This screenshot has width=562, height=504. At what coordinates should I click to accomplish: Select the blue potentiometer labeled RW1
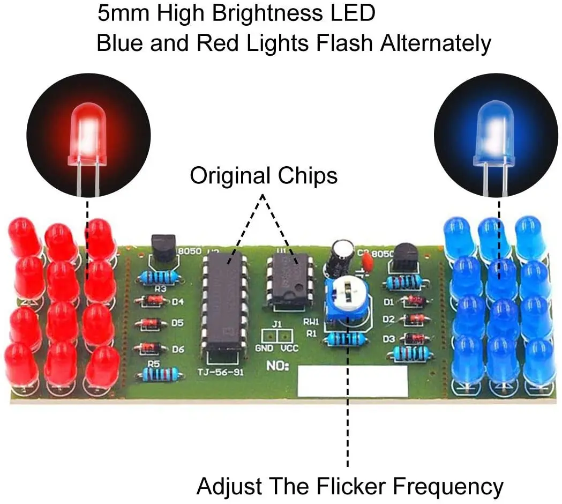[347, 301]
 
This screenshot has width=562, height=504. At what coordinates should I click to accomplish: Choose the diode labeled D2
[414, 320]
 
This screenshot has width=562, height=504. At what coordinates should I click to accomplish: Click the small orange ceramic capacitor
[368, 262]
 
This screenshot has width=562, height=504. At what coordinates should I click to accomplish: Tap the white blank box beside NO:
[352, 381]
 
